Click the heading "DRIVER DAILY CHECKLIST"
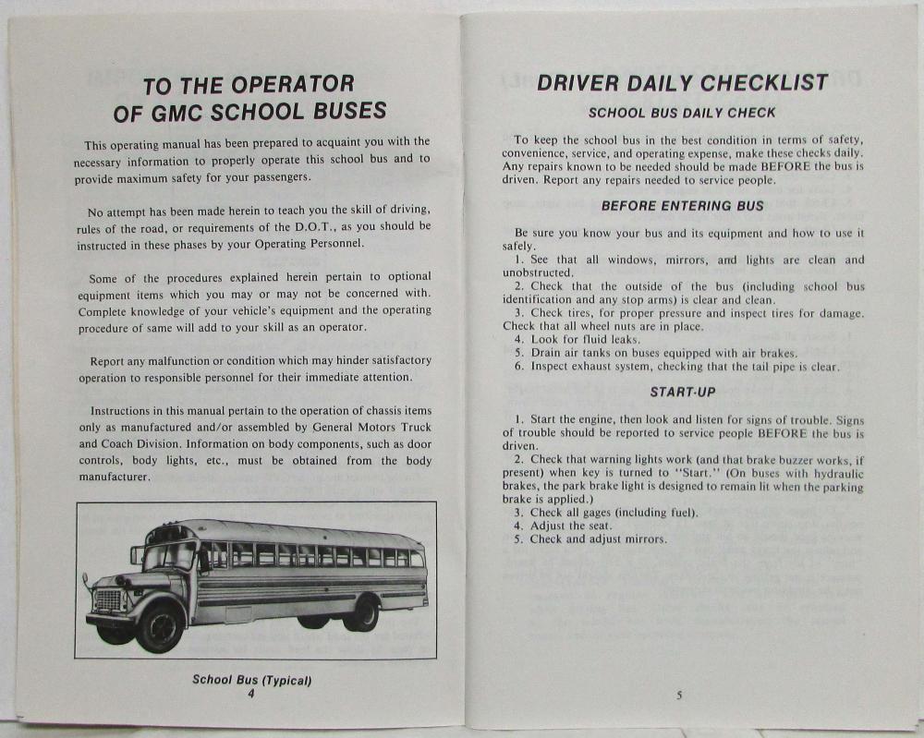(682, 82)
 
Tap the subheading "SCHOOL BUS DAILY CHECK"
(682, 114)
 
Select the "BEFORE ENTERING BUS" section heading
(683, 206)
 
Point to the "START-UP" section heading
(683, 392)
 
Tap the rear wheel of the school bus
(361, 613)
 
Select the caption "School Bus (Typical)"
(251, 680)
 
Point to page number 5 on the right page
(679, 696)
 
